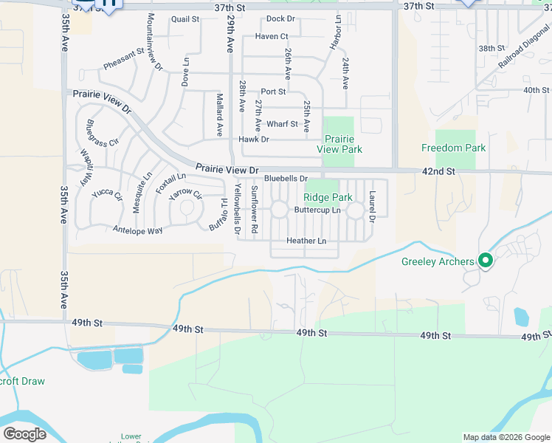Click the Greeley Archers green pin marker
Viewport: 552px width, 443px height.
tap(486, 261)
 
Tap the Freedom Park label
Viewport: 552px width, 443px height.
tap(453, 148)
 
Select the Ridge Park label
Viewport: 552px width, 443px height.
tap(328, 197)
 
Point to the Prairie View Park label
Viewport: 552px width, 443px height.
tap(339, 144)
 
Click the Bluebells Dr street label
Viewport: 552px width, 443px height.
tap(286, 179)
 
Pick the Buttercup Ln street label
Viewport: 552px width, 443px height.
tap(317, 210)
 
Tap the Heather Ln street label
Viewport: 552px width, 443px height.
tap(306, 241)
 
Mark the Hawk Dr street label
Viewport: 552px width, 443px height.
tap(254, 140)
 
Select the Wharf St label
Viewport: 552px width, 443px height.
tap(282, 124)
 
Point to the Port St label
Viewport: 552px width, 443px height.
tap(273, 92)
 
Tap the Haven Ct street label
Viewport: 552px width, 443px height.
tap(272, 36)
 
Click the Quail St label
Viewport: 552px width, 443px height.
tap(185, 20)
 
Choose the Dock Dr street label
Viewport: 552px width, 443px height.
tap(280, 18)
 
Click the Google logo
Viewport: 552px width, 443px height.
tap(25, 433)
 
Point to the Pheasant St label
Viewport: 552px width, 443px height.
tap(123, 60)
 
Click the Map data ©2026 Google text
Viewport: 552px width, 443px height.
tap(506, 437)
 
